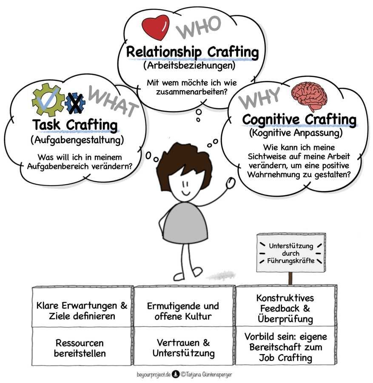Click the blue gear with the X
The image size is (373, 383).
[x=75, y=103]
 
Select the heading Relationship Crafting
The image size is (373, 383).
[x=192, y=53]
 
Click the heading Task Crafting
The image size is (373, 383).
[x=75, y=126]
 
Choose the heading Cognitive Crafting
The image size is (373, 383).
[x=299, y=120]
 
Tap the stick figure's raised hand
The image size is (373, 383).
[x=231, y=183]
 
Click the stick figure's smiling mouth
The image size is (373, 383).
[x=188, y=192]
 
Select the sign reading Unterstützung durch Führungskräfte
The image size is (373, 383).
[x=291, y=253]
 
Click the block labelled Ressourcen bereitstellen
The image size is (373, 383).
[x=80, y=348]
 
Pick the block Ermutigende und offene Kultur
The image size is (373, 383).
[x=183, y=311]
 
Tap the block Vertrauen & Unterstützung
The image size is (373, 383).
[x=183, y=348]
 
